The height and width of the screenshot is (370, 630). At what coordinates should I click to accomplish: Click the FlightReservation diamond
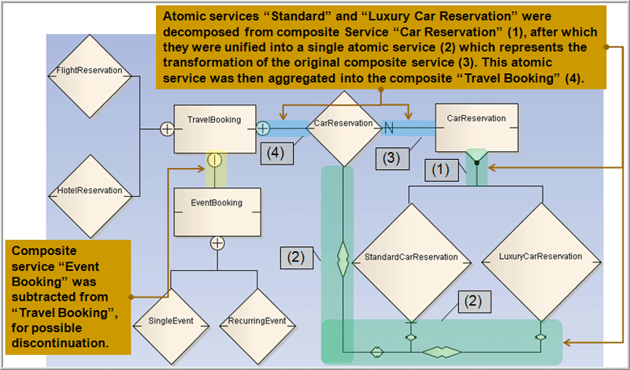pyautogui.click(x=89, y=70)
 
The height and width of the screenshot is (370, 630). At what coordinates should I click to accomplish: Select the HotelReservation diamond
pyautogui.click(x=89, y=190)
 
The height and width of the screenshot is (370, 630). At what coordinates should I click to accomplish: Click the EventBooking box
pyautogui.click(x=214, y=210)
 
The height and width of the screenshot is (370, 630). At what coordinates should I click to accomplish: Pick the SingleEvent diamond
pyautogui.click(x=170, y=320)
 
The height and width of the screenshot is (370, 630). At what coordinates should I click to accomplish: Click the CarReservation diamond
pyautogui.click(x=343, y=124)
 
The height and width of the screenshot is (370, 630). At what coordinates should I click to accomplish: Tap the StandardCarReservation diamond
pyautogui.click(x=410, y=257)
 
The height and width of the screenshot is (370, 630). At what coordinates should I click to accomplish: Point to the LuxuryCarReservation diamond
pyautogui.click(x=540, y=257)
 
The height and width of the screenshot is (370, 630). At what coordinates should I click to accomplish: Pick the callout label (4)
pyautogui.click(x=276, y=150)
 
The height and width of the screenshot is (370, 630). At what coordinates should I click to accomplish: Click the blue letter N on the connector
pyautogui.click(x=388, y=126)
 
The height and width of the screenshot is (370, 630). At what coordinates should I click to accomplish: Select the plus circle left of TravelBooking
pyautogui.click(x=167, y=128)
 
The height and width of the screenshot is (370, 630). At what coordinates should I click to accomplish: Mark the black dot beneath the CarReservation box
pyautogui.click(x=476, y=164)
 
